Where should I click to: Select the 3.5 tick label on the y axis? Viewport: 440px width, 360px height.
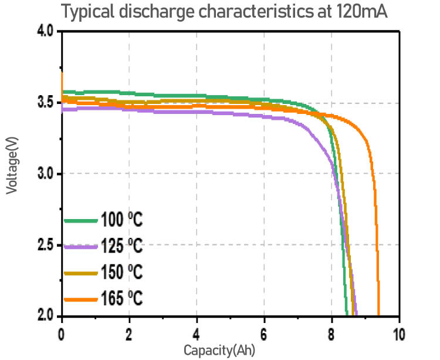pos(45,103)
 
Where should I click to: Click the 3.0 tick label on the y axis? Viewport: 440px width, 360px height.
pos(45,174)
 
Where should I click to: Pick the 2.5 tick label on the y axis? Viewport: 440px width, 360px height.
pos(45,245)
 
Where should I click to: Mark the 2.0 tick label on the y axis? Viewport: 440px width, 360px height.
pos(45,316)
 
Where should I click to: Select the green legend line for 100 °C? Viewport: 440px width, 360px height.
pos(80,221)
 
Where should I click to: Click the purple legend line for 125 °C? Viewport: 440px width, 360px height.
pos(80,247)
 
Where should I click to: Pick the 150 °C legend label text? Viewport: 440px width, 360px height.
pos(121,273)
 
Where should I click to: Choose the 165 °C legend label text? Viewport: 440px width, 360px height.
pos(121,299)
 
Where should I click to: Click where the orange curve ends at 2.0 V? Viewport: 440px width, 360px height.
pos(378,315)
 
